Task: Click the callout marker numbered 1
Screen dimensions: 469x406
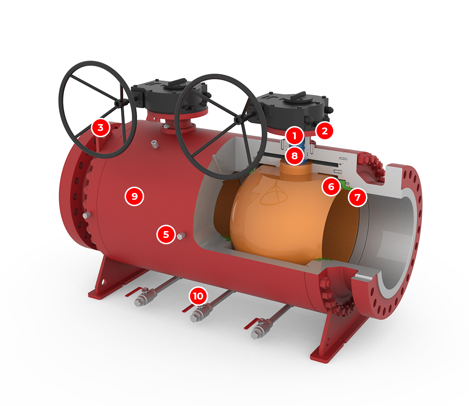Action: [x=295, y=136]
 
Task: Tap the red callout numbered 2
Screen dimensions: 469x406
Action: [x=324, y=131]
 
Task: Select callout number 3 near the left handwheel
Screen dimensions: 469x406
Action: [x=101, y=128]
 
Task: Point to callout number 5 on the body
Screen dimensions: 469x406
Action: [x=166, y=234]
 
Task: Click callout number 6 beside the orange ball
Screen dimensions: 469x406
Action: [x=331, y=187]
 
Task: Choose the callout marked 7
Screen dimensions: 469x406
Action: [x=358, y=197]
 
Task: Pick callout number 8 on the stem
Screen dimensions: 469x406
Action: [x=295, y=155]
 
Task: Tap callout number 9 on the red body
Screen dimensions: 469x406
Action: [x=135, y=196]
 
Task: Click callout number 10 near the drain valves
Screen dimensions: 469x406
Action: [x=198, y=296]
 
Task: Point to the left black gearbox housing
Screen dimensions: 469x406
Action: [x=169, y=95]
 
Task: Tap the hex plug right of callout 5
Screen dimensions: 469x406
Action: [x=181, y=236]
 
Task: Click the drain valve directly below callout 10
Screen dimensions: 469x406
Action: [x=199, y=312]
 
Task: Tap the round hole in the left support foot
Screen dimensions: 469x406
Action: [x=103, y=282]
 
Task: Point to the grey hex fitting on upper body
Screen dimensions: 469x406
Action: [x=155, y=144]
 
